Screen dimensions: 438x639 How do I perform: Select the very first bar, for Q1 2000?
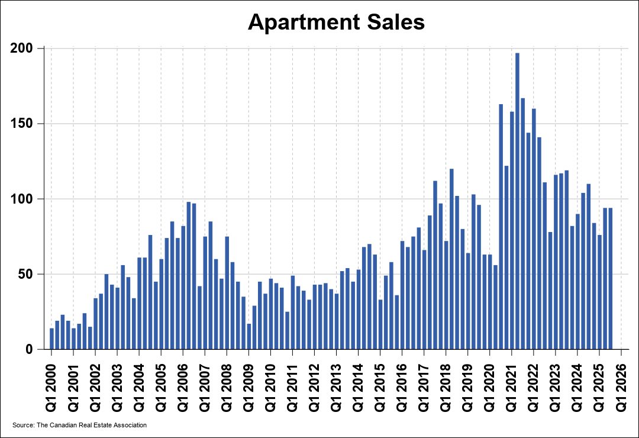(x=51, y=339)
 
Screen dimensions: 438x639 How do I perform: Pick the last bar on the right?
(x=610, y=279)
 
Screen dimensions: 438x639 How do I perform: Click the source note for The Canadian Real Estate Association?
(x=79, y=425)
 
